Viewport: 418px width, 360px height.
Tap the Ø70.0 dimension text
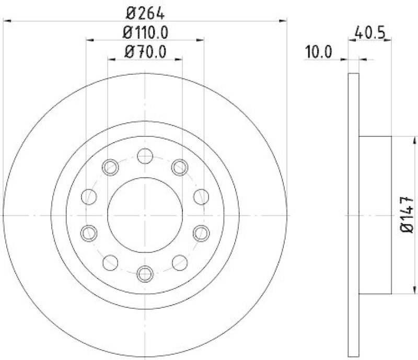point(145,52)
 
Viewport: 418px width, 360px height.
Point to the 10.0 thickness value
point(318,52)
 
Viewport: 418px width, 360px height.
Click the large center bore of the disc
point(145,214)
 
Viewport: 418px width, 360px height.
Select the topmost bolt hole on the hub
point(145,156)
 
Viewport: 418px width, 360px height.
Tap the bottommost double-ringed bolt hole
point(145,273)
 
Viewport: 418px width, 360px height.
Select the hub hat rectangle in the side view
point(375,215)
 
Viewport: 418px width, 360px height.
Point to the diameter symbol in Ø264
point(129,10)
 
